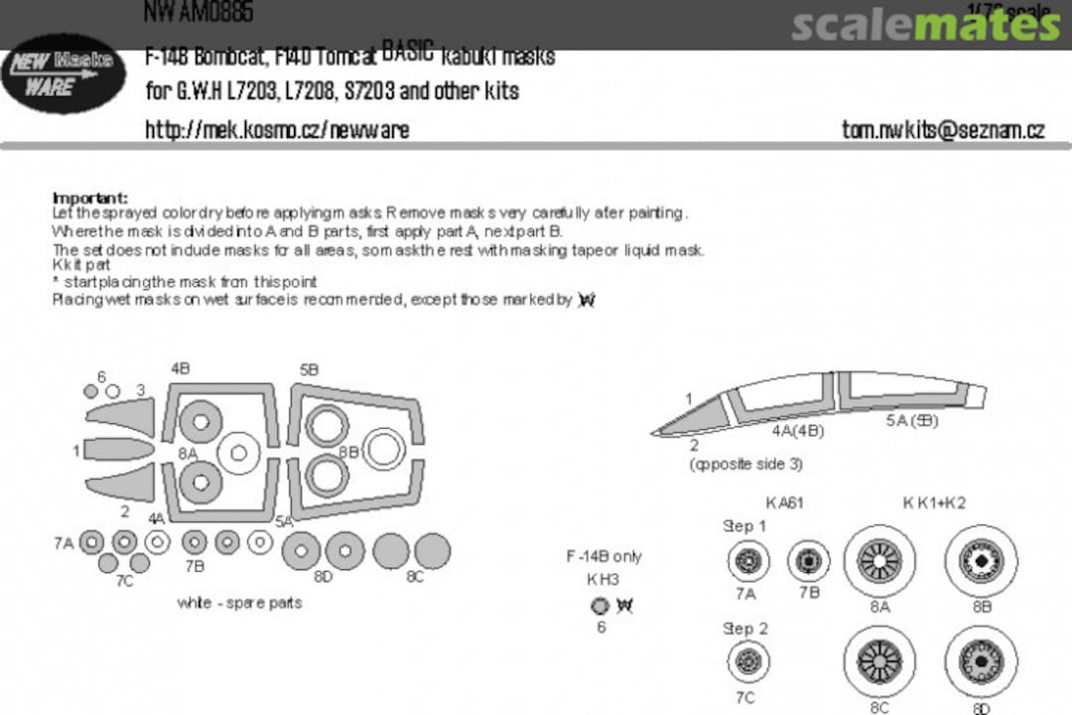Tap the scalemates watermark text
pos(925,25)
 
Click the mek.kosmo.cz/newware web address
pos(277,130)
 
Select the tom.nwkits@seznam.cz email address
pos(943,130)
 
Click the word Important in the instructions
pos(89,198)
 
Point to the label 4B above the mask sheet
pos(181,368)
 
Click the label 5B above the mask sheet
pos(309,370)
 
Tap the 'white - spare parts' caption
pos(239,603)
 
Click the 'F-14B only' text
pos(603,557)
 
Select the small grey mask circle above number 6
pos(600,605)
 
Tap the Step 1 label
pos(744,526)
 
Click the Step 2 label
pos(744,629)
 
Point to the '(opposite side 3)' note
pos(745,465)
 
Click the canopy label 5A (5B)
pos(912,421)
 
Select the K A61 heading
pos(784,503)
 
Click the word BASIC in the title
pos(408,50)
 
